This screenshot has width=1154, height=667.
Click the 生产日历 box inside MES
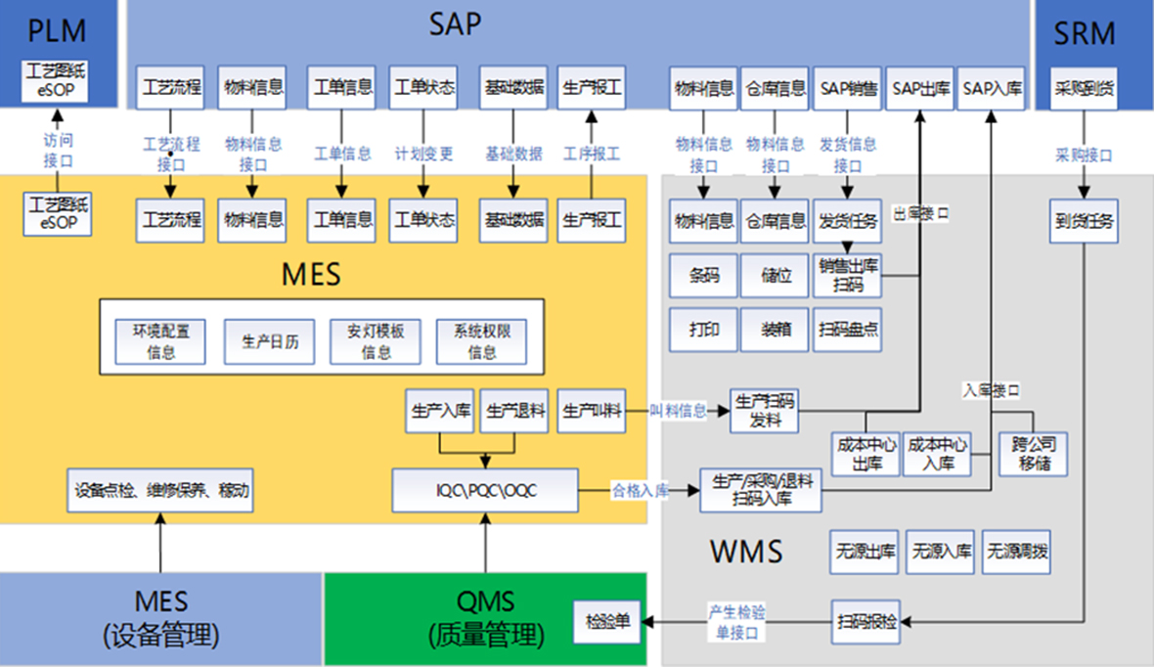coord(270,341)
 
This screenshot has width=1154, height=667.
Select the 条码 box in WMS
coord(703,276)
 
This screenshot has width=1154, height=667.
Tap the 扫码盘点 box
coord(848,330)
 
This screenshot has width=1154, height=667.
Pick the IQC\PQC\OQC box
coord(485,490)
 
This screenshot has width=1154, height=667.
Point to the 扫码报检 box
coord(866,622)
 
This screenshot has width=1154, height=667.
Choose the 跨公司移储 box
coord(1034,453)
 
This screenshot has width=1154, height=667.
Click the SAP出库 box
coord(919,88)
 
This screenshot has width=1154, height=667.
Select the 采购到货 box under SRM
coord(1083,88)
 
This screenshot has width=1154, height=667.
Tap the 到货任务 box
coord(1083,222)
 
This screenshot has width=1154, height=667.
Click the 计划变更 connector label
coord(423,154)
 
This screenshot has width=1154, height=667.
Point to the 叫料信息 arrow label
coord(679,411)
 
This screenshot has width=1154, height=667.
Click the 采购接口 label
coord(1083,155)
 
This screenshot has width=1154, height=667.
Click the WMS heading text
coord(746,551)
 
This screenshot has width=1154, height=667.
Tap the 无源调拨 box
coord(1017,553)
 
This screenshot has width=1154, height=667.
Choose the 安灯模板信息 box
coord(376,341)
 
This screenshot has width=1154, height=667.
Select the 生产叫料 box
coord(592,412)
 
